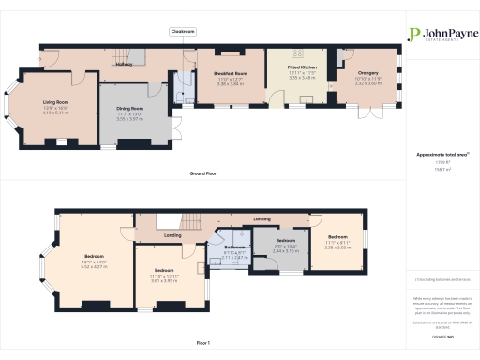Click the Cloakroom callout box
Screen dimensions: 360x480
click(183, 31)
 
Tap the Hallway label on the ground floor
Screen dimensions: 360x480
click(124, 65)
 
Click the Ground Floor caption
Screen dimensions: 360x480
click(204, 173)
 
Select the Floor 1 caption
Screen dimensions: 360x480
click(203, 344)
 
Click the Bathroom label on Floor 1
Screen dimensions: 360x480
click(233, 248)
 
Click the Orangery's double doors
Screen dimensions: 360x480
click(371, 114)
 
